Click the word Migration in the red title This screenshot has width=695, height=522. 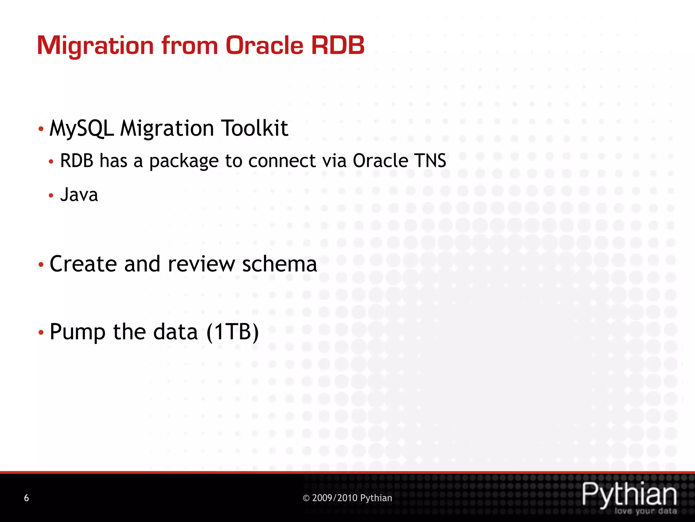coord(95,46)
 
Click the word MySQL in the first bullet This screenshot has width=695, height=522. coord(81,128)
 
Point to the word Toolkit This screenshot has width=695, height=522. coord(255,128)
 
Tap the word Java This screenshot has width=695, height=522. coord(79,195)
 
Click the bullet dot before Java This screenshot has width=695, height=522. coord(51,195)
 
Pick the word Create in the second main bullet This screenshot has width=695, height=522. coord(83,264)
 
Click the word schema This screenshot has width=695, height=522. coord(279,264)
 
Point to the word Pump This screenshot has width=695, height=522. coord(77,332)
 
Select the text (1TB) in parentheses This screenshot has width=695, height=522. coord(232,332)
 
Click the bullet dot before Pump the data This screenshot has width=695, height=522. coord(41,332)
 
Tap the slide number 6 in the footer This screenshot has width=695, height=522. coord(26,498)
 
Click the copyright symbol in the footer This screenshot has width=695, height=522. coord(306,498)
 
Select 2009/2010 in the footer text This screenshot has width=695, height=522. coord(335,498)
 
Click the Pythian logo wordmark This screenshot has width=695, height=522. coord(629,494)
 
